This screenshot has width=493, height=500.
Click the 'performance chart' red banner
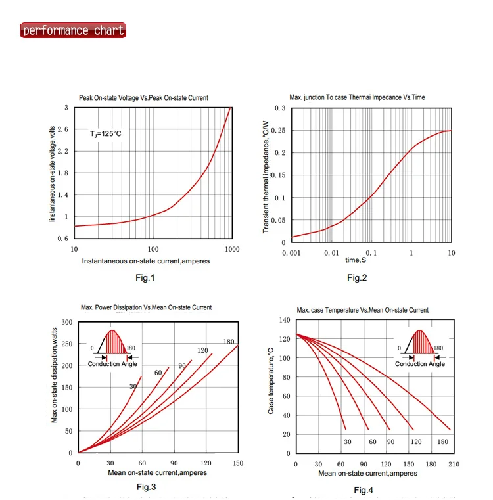pyautogui.click(x=73, y=30)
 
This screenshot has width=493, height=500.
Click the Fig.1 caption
pyautogui.click(x=145, y=278)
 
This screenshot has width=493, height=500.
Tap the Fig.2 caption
pyautogui.click(x=357, y=278)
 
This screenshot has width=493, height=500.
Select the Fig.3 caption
pyautogui.click(x=147, y=487)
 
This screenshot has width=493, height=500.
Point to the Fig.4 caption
pyautogui.click(x=364, y=490)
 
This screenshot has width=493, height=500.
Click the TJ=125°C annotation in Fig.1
pyautogui.click(x=106, y=133)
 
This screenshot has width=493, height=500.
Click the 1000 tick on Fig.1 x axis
pyautogui.click(x=231, y=249)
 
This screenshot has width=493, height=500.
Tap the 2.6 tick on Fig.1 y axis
pyautogui.click(x=62, y=129)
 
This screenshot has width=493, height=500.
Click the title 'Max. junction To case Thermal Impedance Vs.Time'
pyautogui.click(x=357, y=97)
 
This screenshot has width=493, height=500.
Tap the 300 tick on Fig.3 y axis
pyautogui.click(x=66, y=321)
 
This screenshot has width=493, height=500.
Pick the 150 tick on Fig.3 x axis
pyautogui.click(x=238, y=463)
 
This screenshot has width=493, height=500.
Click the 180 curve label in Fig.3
pyautogui.click(x=229, y=342)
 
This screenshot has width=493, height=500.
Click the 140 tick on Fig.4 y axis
pyautogui.click(x=284, y=320)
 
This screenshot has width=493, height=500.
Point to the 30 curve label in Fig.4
pyautogui.click(x=348, y=442)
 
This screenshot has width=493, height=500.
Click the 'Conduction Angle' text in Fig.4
pyautogui.click(x=420, y=364)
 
